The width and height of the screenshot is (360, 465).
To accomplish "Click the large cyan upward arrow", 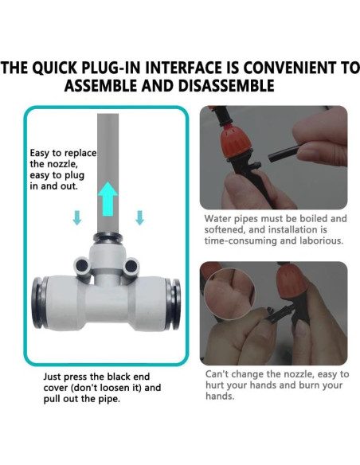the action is click(108, 199).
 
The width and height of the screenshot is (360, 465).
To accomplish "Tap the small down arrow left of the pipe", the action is click(77, 217).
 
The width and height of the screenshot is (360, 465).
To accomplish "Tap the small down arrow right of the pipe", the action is click(139, 217).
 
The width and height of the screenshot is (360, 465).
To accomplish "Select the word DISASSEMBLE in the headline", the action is click(226, 86).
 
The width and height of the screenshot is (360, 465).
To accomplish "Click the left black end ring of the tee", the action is click(38, 303).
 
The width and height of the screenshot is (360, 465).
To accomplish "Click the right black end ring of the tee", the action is click(174, 303).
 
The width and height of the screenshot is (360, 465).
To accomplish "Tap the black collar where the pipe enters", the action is click(108, 237).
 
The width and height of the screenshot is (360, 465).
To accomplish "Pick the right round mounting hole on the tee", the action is click(131, 265).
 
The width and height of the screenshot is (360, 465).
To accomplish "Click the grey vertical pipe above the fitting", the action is click(108, 173).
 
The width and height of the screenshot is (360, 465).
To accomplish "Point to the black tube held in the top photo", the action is click(285, 152).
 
